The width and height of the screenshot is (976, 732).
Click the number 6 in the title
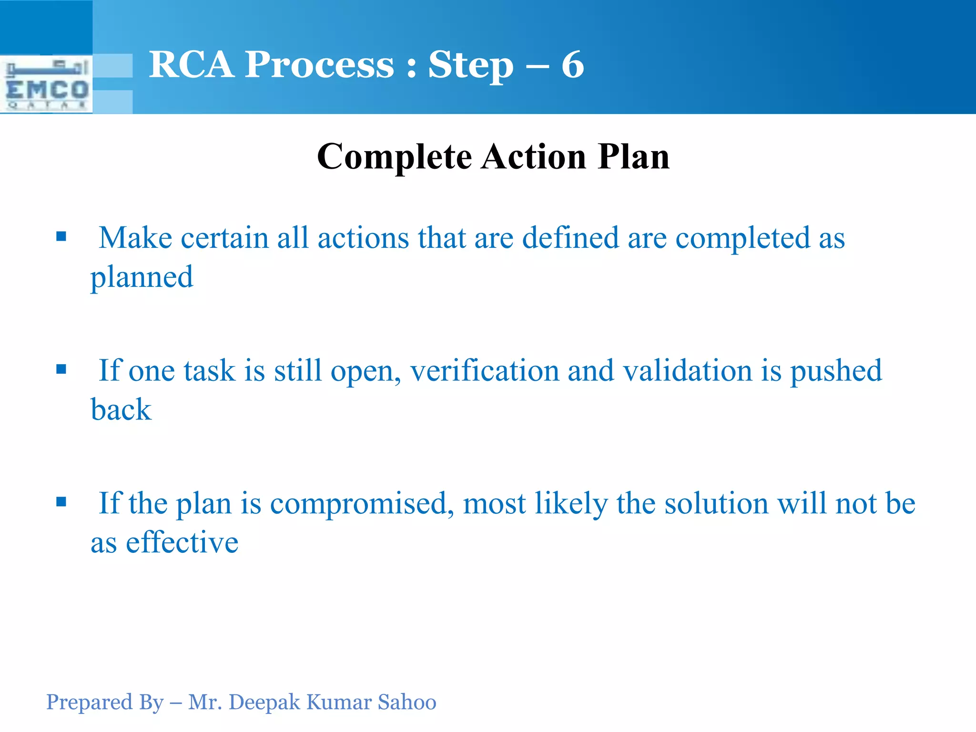[x=572, y=65]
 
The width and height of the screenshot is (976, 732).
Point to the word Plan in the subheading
[x=634, y=156]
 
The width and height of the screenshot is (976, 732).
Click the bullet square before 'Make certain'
[x=61, y=236]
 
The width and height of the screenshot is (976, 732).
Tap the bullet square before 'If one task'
[x=61, y=369]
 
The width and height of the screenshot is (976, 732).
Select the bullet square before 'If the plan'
[x=61, y=502]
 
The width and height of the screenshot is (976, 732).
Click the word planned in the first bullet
[x=142, y=278]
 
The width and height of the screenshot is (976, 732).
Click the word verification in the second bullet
[x=484, y=371]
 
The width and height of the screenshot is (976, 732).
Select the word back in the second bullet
[x=121, y=410]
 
